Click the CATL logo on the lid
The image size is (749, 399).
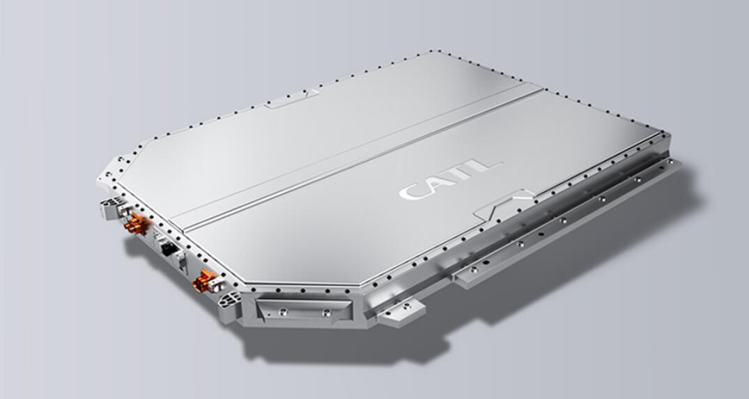pyautogui.click(x=450, y=179)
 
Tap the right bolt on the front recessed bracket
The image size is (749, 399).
pyautogui.click(x=326, y=311)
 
